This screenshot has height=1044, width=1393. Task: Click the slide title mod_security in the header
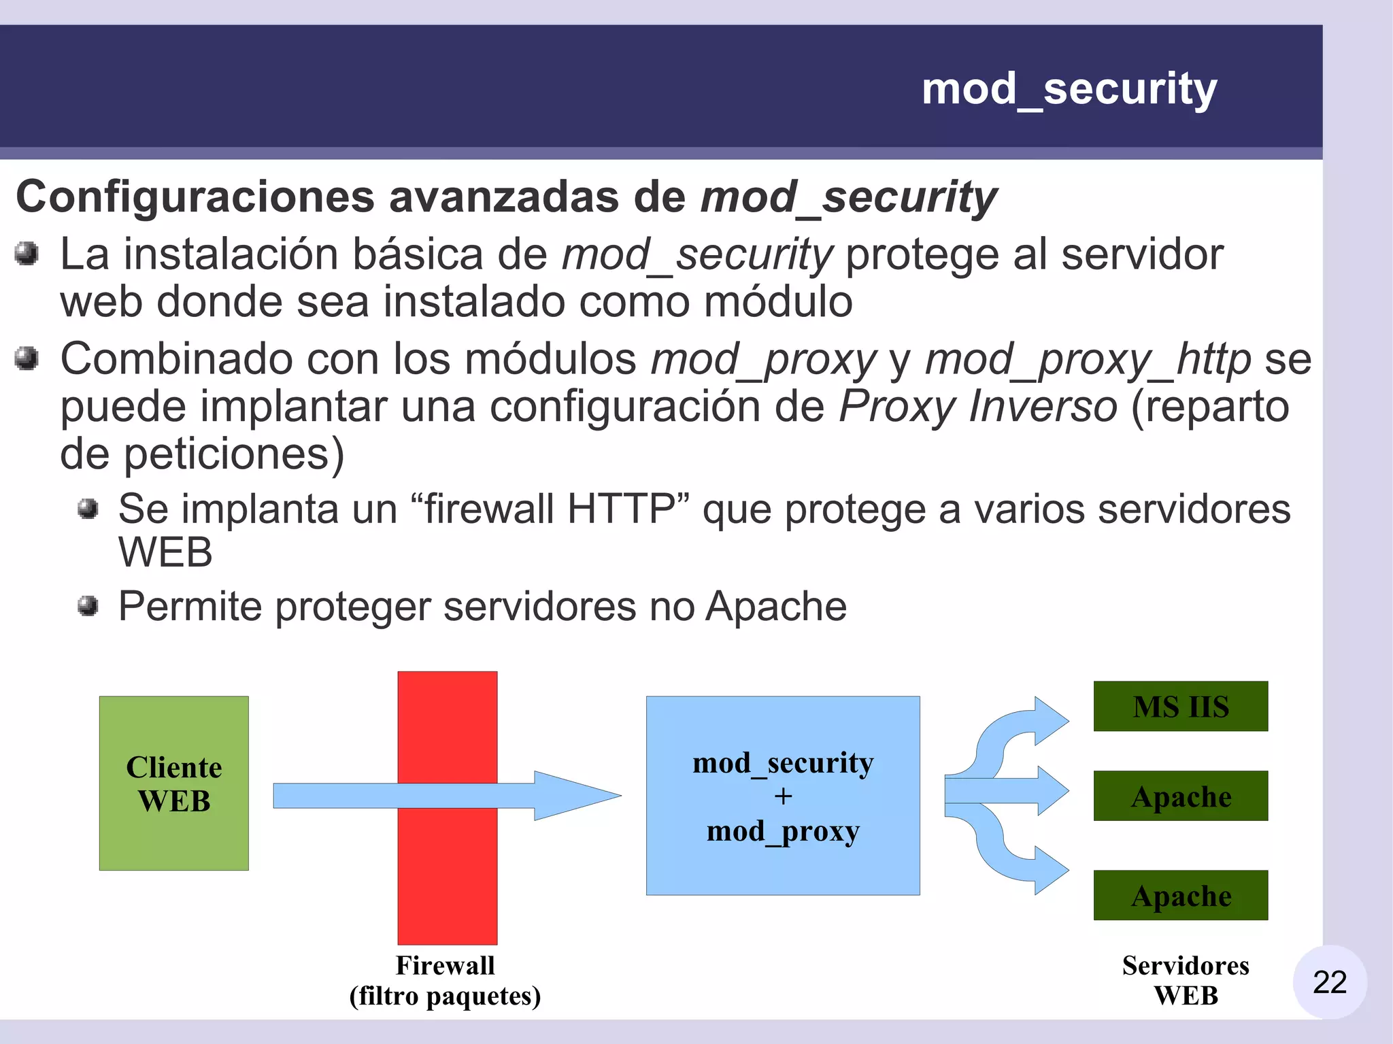1069,89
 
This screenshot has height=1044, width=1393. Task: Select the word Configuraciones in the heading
195,197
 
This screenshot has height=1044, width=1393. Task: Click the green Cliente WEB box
174,783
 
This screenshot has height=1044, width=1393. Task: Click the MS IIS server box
1181,707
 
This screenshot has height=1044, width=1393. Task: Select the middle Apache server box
1181,796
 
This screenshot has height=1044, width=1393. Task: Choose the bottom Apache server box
1181,896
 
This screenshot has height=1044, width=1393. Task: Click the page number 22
1329,982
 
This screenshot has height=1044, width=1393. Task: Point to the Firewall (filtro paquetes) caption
446,981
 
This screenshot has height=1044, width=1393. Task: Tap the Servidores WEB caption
1186,981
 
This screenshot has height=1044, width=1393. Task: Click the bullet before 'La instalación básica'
27,254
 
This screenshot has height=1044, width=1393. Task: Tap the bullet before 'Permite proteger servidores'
88,605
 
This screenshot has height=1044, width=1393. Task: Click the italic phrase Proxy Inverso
977,407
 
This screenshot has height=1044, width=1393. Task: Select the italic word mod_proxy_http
1088,359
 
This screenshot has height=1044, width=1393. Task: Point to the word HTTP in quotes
620,509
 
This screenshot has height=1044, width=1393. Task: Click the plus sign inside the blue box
783,796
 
